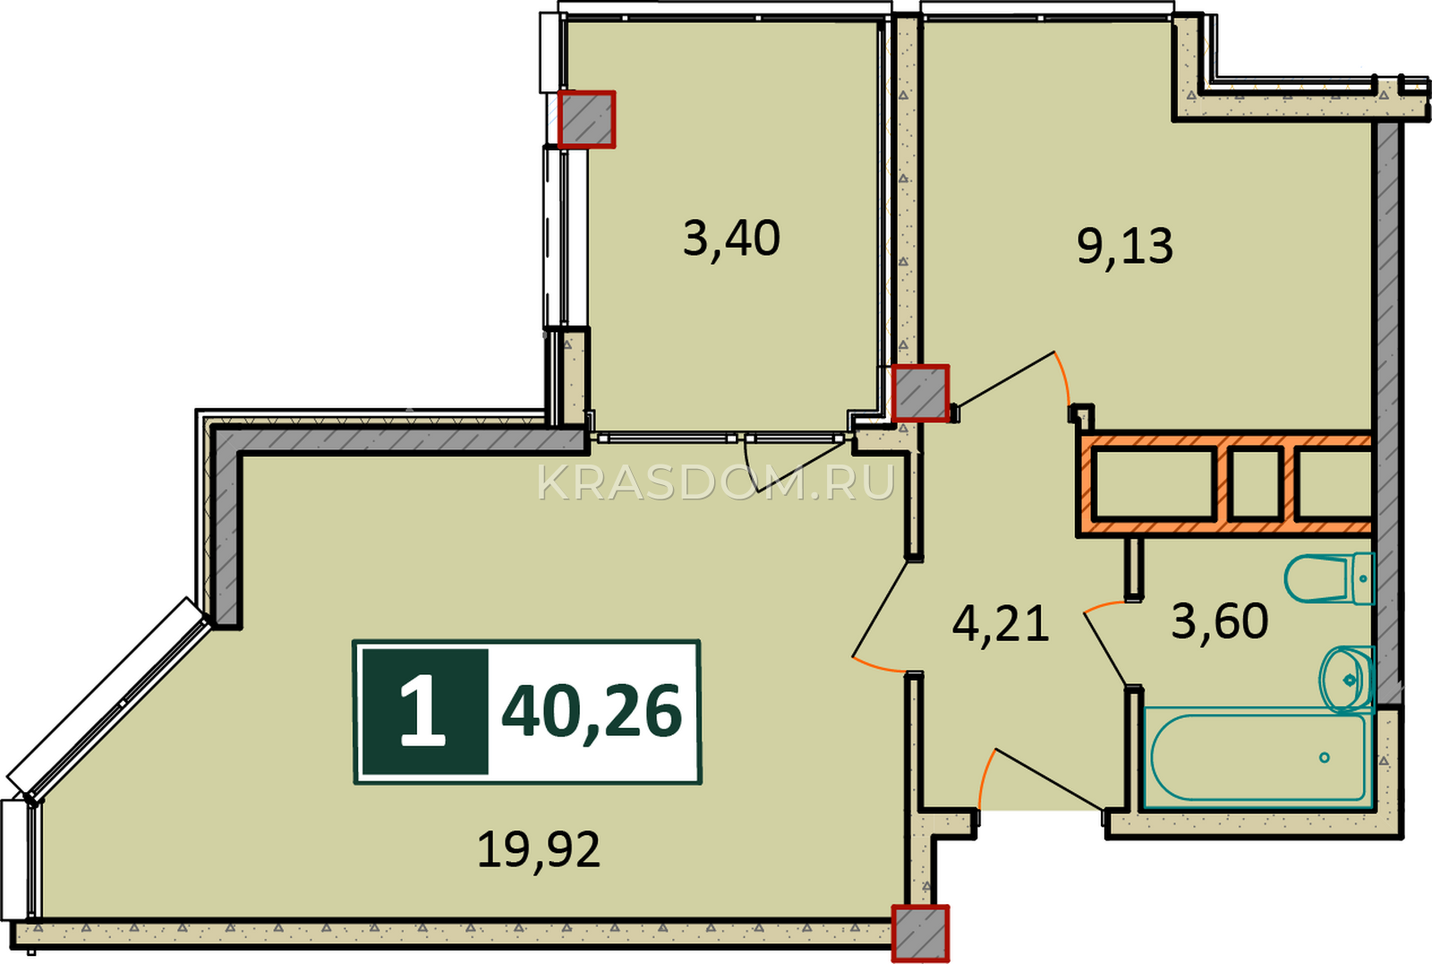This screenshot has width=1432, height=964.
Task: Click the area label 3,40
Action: (731, 238)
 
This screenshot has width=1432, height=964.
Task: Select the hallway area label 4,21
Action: (1001, 623)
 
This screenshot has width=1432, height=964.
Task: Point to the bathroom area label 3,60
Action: (1220, 620)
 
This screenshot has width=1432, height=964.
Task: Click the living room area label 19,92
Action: (539, 849)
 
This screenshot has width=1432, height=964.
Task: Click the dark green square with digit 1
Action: (424, 712)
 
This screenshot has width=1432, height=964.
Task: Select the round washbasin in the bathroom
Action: (1347, 679)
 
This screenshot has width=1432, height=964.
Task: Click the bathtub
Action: (1258, 757)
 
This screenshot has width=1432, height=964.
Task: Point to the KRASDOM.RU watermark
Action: (715, 482)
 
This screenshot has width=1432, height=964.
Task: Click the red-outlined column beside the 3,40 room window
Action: (587, 119)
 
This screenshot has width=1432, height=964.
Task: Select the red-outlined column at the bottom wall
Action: (921, 934)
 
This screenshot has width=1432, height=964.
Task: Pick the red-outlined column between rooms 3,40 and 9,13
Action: (921, 393)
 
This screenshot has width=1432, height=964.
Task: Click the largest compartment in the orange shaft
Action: (1154, 482)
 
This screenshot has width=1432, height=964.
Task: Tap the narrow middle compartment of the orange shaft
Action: (1256, 482)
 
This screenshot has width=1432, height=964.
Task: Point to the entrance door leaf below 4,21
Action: (1048, 779)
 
